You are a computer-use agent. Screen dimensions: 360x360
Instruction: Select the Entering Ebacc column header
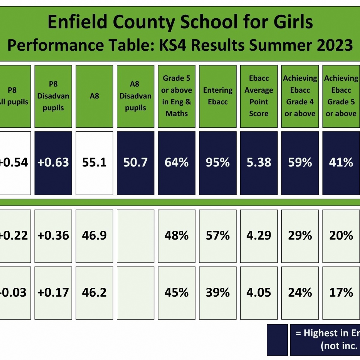tap(217, 96)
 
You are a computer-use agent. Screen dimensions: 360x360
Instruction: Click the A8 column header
tap(94, 96)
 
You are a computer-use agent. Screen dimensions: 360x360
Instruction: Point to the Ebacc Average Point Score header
tap(259, 96)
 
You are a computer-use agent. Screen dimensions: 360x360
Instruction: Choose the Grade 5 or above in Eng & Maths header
tap(176, 96)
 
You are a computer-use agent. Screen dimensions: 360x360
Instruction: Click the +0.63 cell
tap(53, 163)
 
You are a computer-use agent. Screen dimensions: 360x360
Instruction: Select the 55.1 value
tap(94, 163)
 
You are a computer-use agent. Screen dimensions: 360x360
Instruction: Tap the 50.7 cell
tap(135, 163)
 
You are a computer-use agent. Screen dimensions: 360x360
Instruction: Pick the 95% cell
tap(217, 163)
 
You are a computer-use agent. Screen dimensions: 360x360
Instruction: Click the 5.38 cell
tap(259, 163)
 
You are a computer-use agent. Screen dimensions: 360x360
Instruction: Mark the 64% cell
tap(176, 163)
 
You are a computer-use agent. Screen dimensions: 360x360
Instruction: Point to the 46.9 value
tap(94, 236)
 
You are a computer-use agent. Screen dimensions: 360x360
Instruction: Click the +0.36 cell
tap(53, 236)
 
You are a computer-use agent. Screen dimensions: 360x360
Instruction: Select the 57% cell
tap(217, 236)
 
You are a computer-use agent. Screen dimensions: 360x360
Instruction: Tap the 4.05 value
tap(259, 292)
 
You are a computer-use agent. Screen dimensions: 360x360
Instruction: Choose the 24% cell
tap(300, 292)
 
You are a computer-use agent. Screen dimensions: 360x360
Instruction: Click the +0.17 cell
tap(53, 292)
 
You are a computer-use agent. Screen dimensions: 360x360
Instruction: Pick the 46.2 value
tap(94, 292)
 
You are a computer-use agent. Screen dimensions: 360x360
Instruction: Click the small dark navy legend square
tap(277, 340)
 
